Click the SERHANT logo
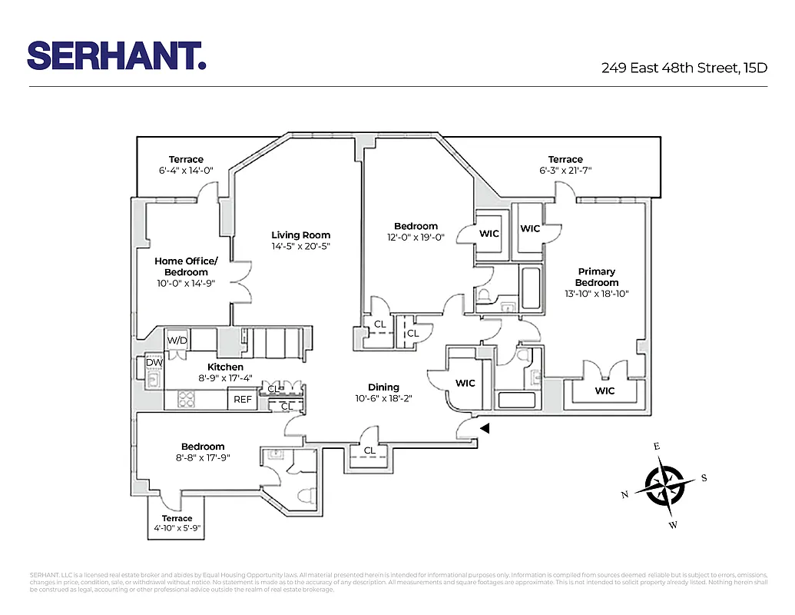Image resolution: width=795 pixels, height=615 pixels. (116, 55)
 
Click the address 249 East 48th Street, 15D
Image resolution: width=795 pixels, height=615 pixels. (684, 68)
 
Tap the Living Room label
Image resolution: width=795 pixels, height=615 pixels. (300, 235)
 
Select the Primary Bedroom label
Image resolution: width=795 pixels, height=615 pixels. (597, 277)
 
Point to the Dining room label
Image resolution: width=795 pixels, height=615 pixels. (383, 387)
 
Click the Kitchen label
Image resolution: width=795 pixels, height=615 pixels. (225, 367)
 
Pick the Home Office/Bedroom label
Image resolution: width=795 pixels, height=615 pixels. (186, 267)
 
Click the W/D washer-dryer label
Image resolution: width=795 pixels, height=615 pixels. (177, 340)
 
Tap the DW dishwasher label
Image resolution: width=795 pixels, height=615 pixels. (154, 362)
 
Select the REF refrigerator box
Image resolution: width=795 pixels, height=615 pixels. (243, 400)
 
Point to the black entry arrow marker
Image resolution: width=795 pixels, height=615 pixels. (484, 429)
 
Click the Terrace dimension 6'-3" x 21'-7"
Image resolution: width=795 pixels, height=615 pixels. (565, 171)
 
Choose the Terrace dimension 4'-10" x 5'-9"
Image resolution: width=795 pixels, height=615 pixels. (177, 529)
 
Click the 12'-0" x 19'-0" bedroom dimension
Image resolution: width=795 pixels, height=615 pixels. (416, 238)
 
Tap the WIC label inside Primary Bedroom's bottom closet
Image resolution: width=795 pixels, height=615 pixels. (605, 391)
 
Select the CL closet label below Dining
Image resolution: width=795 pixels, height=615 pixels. (369, 450)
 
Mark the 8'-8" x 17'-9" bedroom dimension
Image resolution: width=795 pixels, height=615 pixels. (203, 457)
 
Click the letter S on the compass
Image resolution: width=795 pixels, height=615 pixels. (704, 477)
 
